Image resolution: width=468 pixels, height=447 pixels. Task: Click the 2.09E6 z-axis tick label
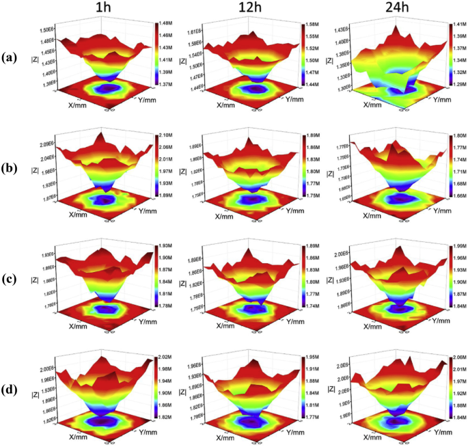point(48,144)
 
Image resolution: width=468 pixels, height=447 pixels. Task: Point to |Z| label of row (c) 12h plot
point(182,281)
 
